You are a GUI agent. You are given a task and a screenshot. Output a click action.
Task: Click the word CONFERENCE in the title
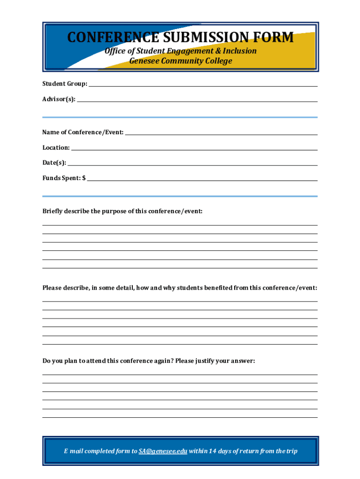(106, 37)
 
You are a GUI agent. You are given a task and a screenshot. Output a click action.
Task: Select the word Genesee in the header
(144, 61)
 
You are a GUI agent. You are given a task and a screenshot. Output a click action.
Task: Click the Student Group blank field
(203, 85)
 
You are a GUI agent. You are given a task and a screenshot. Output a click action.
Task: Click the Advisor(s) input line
(197, 100)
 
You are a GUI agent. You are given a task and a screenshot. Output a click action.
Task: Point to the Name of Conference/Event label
(83, 132)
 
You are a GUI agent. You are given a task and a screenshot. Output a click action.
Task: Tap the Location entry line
(194, 149)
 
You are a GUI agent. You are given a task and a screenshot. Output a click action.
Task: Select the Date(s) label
(54, 163)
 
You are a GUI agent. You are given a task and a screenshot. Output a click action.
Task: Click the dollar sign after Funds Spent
(84, 178)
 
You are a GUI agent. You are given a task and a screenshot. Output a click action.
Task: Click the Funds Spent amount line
(202, 179)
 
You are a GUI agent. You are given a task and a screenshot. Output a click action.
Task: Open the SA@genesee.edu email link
(163, 451)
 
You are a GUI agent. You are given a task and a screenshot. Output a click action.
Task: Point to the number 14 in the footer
(213, 451)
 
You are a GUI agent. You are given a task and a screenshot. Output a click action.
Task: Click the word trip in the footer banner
(291, 451)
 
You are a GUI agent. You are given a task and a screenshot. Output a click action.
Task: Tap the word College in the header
(217, 61)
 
